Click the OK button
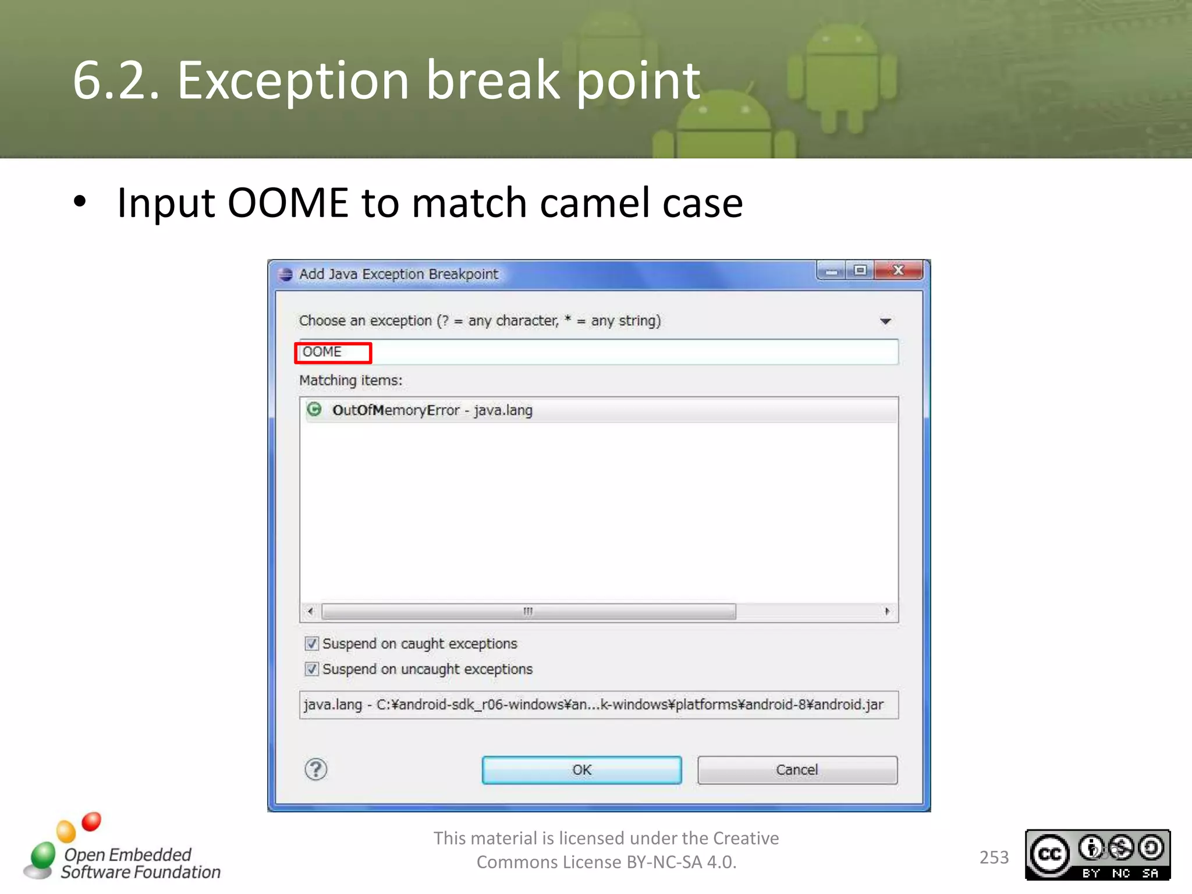click(581, 770)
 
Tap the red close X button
click(898, 271)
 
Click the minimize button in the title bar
click(832, 271)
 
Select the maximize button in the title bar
click(860, 271)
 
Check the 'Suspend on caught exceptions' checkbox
click(312, 644)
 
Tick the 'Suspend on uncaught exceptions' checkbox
click(312, 669)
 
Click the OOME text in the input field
click(322, 352)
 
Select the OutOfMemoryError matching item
click(432, 410)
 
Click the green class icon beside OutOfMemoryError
click(314, 410)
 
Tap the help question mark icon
click(316, 769)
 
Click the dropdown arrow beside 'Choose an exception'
click(885, 321)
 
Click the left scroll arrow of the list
click(310, 611)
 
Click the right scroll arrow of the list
click(887, 611)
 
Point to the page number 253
click(994, 857)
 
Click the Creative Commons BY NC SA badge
click(1098, 854)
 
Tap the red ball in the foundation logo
click(91, 822)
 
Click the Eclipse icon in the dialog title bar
click(285, 274)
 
